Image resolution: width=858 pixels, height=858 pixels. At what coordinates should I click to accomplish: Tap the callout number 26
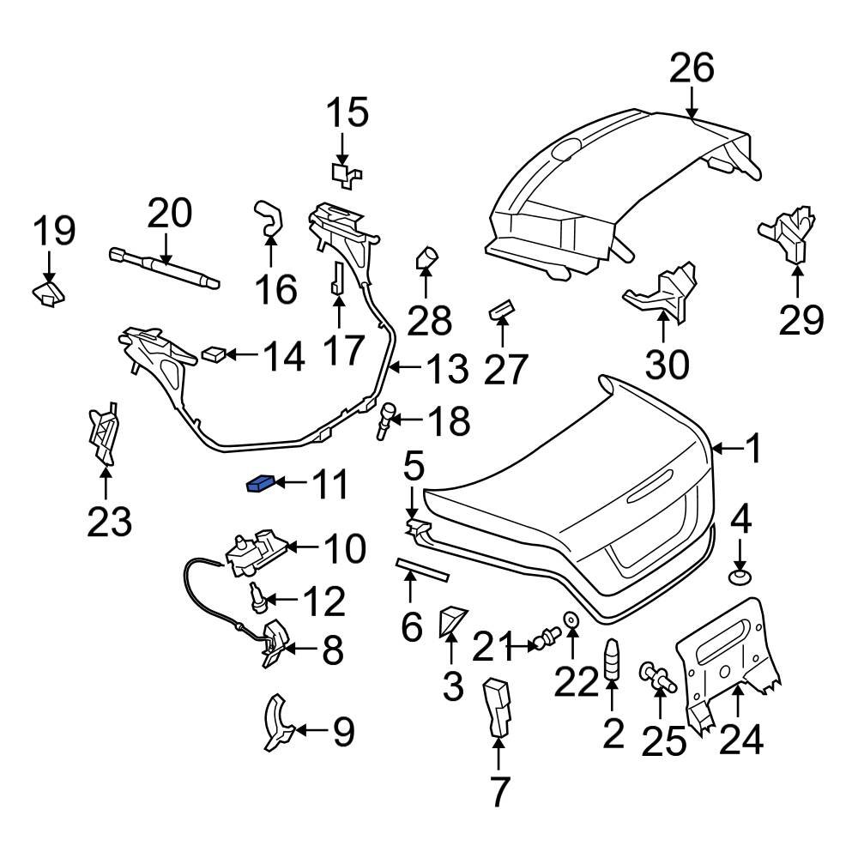click(x=691, y=68)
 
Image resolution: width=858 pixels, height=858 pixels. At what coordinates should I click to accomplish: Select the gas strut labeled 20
click(x=163, y=265)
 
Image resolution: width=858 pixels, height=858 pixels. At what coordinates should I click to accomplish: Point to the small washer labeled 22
click(x=570, y=619)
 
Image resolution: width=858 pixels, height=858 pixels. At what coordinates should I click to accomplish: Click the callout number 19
click(x=54, y=231)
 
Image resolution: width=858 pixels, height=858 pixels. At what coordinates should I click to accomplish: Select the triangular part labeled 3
click(x=450, y=621)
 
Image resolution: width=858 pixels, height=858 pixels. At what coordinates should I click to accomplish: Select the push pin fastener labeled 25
click(x=657, y=675)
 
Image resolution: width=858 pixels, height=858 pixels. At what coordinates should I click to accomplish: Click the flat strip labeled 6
click(x=422, y=570)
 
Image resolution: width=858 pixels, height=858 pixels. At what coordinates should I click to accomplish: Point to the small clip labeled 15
click(x=347, y=173)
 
